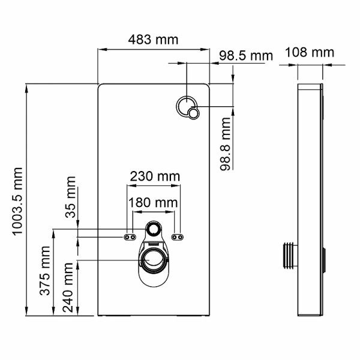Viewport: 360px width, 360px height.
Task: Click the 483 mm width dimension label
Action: pyautogui.click(x=154, y=40)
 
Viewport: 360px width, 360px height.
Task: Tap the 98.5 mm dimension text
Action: pyautogui.click(x=245, y=56)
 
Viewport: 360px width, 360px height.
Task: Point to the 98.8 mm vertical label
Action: pyautogui.click(x=225, y=144)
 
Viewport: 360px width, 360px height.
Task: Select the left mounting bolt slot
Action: pyautogui.click(x=128, y=237)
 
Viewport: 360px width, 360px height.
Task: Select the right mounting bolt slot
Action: pyautogui.click(x=177, y=237)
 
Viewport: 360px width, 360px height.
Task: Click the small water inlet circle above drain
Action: pyautogui.click(x=153, y=229)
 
